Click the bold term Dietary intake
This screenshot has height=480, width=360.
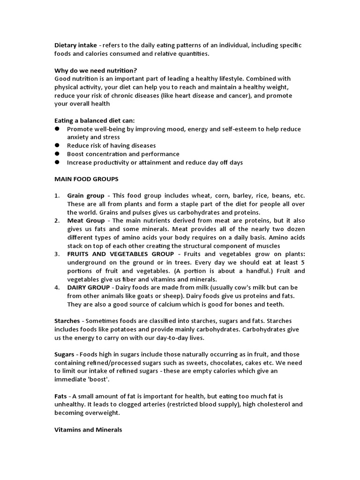point(75,45)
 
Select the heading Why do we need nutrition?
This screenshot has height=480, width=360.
point(96,70)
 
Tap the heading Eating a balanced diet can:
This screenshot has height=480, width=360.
point(95,120)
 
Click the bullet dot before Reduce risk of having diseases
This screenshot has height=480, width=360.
point(57,145)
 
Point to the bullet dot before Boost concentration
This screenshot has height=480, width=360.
point(57,154)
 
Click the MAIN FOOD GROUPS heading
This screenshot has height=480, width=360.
point(86,179)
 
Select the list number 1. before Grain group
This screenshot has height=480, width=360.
point(57,195)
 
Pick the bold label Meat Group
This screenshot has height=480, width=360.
point(86,221)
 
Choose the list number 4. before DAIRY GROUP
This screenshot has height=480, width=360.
point(57,287)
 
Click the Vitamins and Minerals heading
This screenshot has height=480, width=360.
point(88,429)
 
